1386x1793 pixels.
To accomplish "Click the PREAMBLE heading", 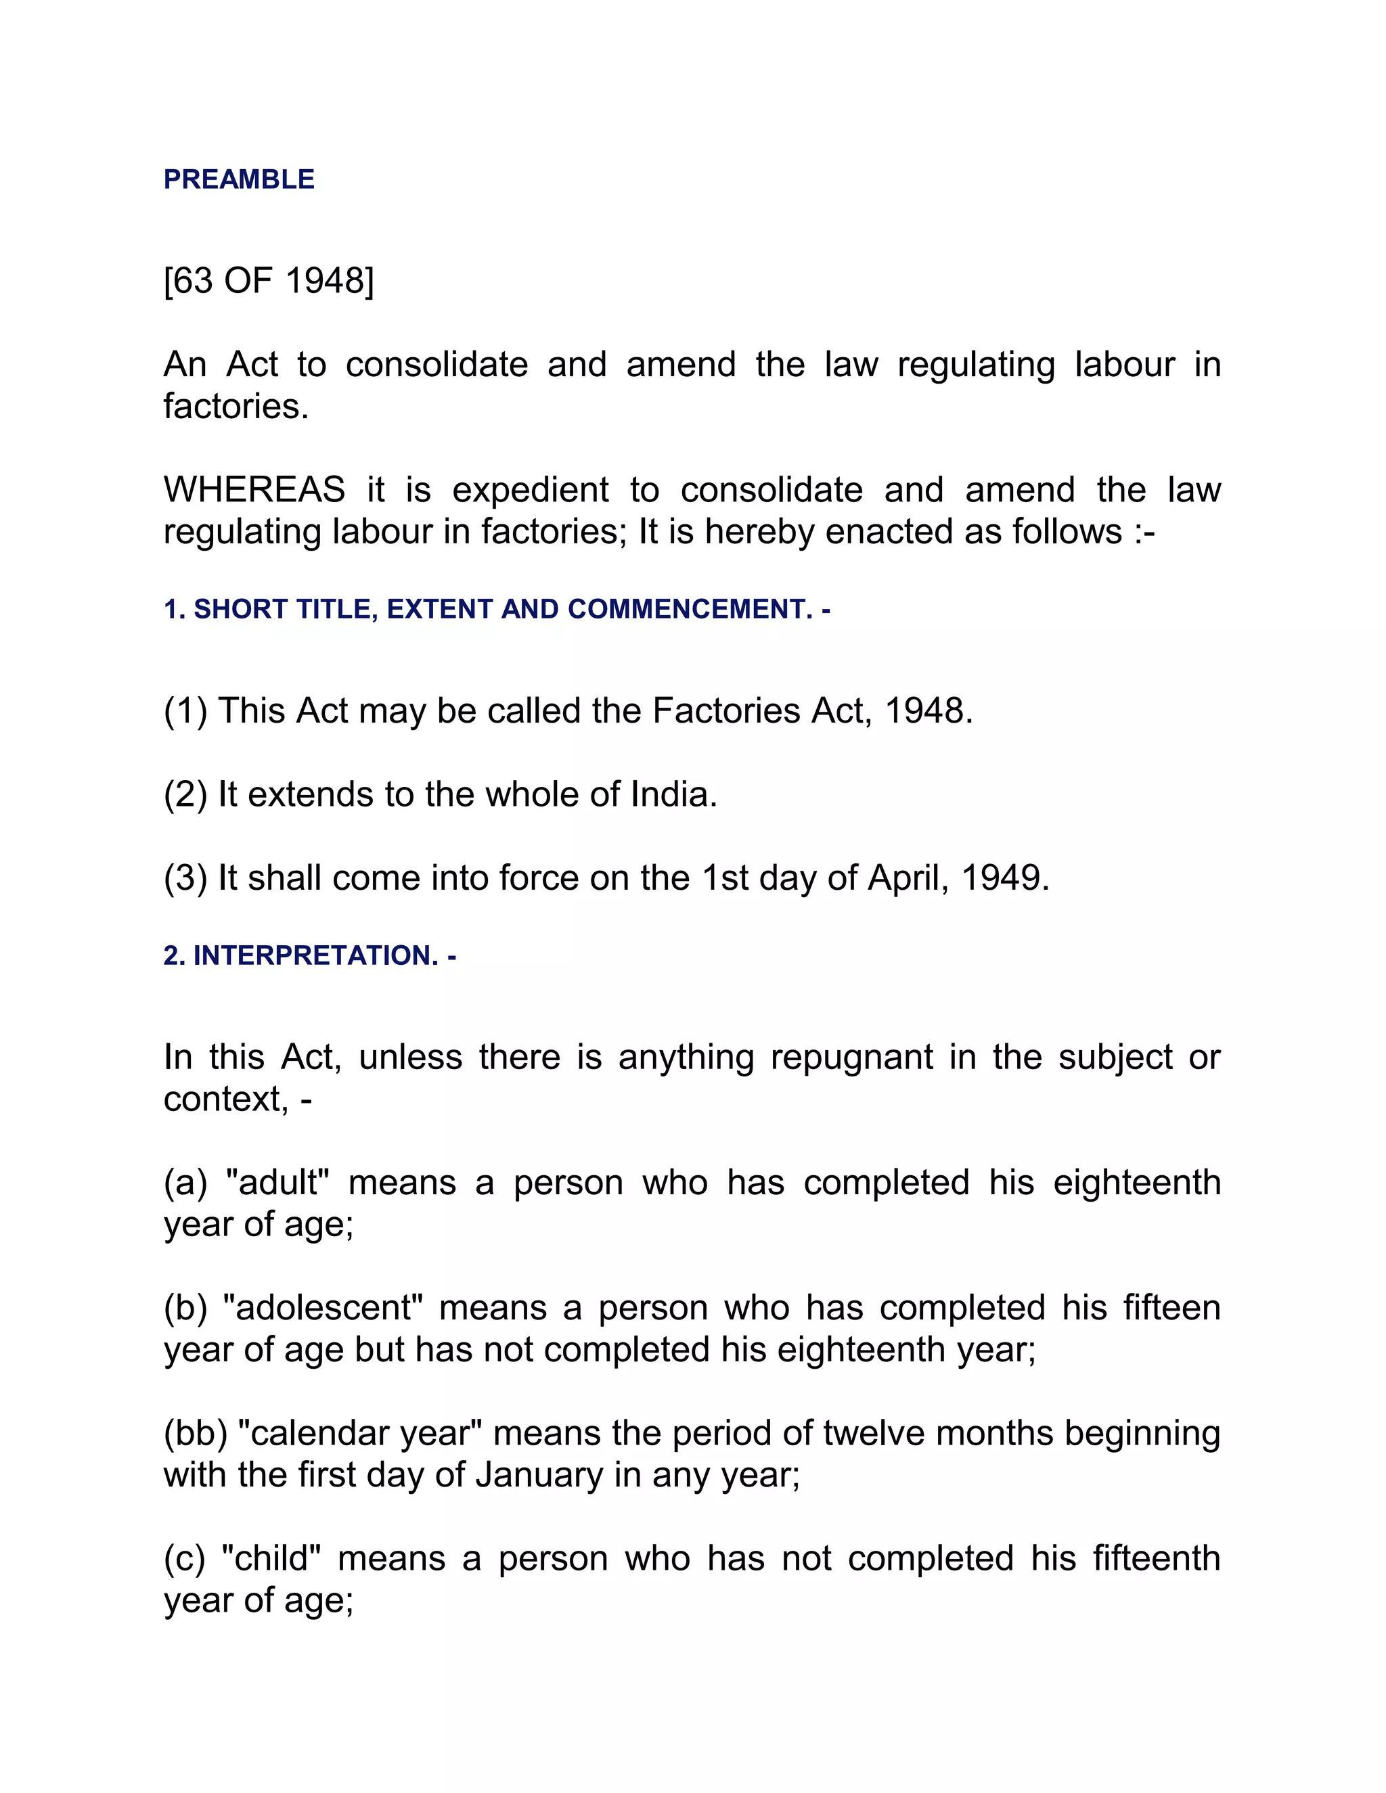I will coord(239,179).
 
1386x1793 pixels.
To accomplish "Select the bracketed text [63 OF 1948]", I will coord(269,281).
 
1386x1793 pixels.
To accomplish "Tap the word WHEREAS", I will coord(254,490).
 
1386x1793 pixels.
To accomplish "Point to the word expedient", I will coord(531,490).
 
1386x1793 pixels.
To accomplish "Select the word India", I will coord(673,795).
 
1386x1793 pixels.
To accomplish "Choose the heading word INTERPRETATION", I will coord(315,955).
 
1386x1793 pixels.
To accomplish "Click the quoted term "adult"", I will coord(277,1183).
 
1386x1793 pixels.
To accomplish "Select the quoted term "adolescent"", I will coord(322,1308).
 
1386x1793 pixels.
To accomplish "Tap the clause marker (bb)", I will coord(195,1434).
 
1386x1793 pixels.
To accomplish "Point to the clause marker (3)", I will coord(185,878).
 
